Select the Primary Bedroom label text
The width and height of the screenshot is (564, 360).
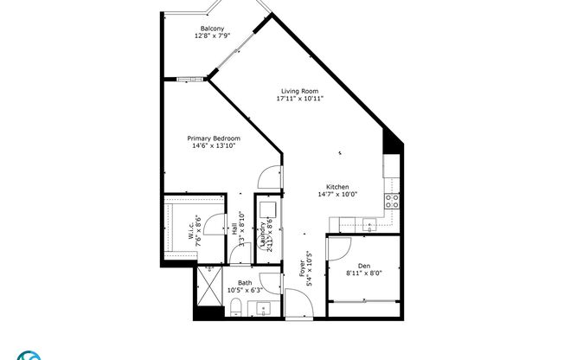(214, 138)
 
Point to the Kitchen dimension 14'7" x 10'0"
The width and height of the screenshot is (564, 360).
(336, 195)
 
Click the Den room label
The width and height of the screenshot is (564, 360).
(363, 264)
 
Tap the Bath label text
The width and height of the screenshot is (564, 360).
(246, 282)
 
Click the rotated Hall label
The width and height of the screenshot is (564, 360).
(234, 229)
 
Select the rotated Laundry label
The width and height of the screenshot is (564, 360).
(264, 235)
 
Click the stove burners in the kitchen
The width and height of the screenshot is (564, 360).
(391, 201)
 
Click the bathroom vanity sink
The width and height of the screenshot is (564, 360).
(265, 307)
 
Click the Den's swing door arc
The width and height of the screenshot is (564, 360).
(337, 249)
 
